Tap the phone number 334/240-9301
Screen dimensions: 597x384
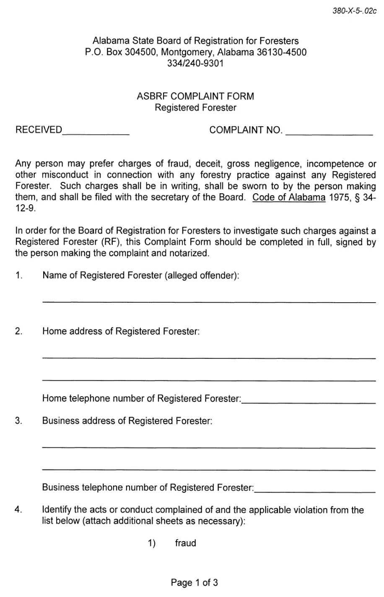tap(195, 63)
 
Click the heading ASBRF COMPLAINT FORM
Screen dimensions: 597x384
tap(195, 96)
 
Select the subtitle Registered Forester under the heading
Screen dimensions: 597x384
tap(195, 108)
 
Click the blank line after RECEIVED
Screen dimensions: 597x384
tap(96, 133)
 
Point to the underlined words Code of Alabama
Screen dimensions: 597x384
tap(289, 197)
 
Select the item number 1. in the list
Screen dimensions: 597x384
tap(18, 275)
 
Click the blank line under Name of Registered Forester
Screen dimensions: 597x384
tap(209, 301)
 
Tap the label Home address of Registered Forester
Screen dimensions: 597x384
tap(121, 331)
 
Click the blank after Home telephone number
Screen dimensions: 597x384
tap(309, 402)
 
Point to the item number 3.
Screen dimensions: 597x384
tap(18, 420)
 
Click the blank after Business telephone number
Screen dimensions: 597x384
tap(314, 491)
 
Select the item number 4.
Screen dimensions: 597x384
tap(18, 510)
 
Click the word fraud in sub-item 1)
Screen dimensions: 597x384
tap(185, 543)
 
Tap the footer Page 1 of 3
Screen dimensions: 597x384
tap(194, 582)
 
